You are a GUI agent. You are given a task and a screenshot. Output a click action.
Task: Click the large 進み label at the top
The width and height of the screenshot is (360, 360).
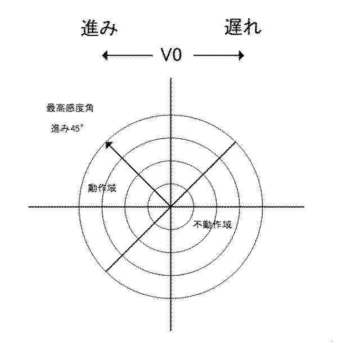[98, 28]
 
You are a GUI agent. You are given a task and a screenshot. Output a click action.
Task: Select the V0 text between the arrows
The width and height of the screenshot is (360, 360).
[171, 55]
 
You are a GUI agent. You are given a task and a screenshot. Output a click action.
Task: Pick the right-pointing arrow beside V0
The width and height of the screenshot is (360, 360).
[219, 55]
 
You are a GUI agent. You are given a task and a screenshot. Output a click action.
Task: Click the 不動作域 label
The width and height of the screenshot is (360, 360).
[213, 224]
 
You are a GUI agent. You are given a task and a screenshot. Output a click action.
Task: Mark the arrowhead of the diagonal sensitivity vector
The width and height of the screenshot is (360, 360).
[108, 145]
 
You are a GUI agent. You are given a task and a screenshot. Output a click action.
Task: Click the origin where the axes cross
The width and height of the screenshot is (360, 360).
[170, 206]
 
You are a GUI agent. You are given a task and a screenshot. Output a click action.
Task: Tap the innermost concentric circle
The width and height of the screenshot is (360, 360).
[170, 184]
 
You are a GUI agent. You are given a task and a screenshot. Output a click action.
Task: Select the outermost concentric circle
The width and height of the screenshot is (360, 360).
[170, 114]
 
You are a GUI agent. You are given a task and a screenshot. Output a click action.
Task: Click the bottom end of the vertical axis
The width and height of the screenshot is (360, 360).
[170, 331]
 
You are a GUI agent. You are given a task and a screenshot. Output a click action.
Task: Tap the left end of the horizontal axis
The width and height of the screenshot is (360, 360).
[29, 206]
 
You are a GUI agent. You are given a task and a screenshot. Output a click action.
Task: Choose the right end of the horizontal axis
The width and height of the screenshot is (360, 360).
[304, 206]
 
